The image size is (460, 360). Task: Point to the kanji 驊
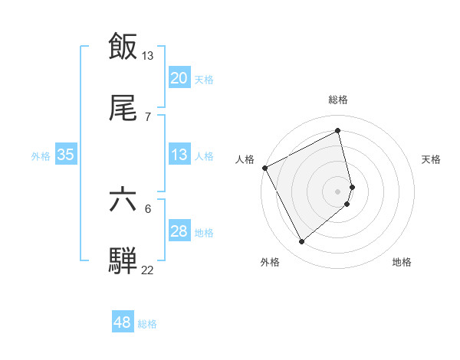123,260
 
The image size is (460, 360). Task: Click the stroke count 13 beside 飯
148,55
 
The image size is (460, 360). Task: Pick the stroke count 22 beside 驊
148,270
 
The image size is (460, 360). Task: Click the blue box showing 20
179,78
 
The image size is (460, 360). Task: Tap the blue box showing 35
66,155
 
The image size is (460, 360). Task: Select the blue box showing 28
179,231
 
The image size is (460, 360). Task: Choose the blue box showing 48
123,322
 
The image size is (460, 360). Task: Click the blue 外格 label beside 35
41,155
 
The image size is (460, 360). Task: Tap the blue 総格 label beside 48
147,323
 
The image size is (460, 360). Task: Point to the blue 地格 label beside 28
204,232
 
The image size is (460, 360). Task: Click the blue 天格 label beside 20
204,79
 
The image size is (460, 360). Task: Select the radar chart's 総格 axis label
338,100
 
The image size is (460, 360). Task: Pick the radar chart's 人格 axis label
245,159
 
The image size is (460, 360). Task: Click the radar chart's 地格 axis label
402,262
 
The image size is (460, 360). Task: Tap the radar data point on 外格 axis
302,242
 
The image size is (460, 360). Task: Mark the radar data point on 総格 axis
338,130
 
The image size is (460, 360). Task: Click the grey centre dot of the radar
338,190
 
